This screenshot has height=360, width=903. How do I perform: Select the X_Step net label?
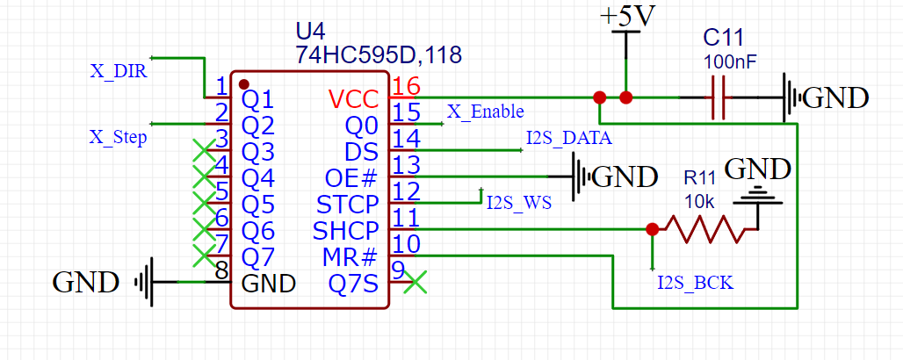click(x=118, y=138)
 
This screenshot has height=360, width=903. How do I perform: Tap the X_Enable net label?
click(x=486, y=112)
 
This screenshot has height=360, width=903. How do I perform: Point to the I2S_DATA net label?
click(x=568, y=138)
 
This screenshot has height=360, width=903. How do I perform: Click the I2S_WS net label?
click(x=518, y=204)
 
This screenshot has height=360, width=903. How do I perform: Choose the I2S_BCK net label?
click(x=695, y=283)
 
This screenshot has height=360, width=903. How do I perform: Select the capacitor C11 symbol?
click(x=718, y=97)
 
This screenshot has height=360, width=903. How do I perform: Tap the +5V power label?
click(x=626, y=18)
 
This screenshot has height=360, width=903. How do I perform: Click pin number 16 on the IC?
click(x=407, y=86)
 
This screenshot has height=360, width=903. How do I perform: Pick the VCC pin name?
click(x=353, y=98)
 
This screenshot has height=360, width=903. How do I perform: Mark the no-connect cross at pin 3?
click(x=204, y=149)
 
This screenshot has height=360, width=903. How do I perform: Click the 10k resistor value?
click(x=701, y=200)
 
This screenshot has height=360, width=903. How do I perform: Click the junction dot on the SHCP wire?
click(x=651, y=229)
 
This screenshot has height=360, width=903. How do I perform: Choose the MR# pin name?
click(x=350, y=257)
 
